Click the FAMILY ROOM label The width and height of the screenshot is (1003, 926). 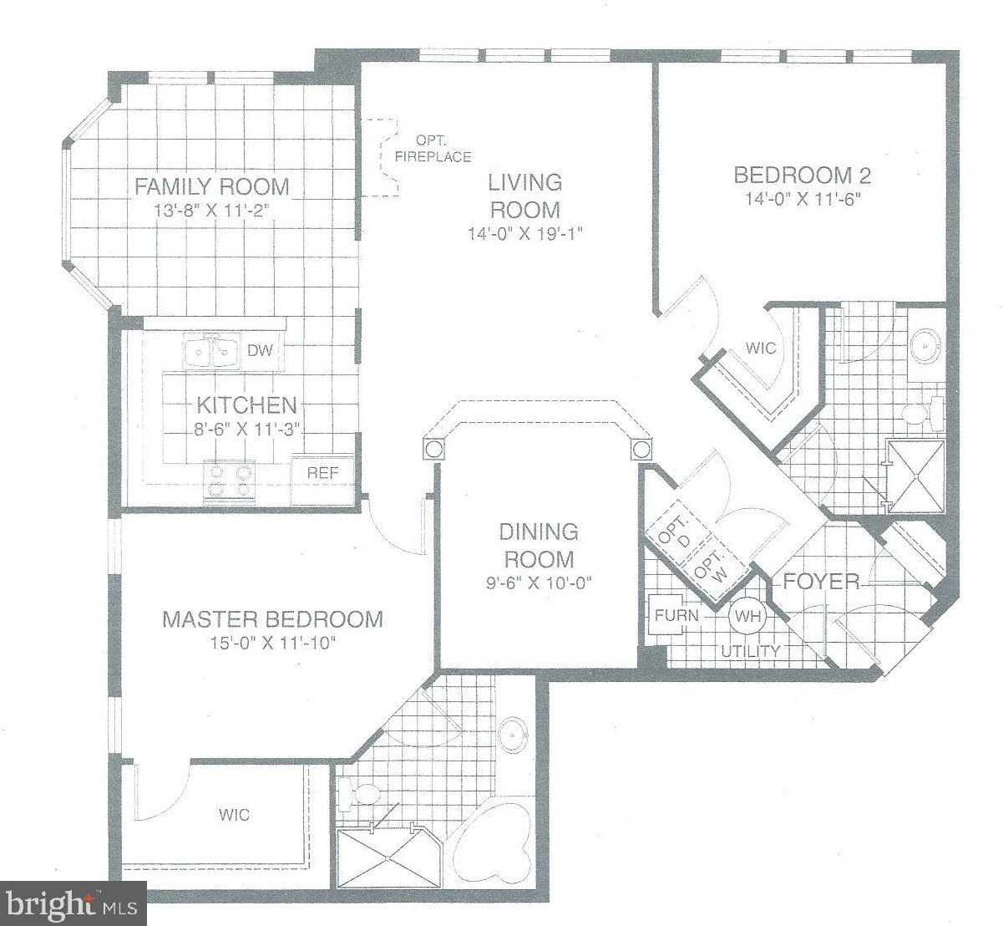[211, 186]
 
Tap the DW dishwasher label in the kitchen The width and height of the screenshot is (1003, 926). [260, 350]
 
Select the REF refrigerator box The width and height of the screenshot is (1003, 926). [322, 481]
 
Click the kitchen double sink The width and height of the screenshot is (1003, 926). [211, 350]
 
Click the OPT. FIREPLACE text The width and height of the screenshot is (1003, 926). [433, 149]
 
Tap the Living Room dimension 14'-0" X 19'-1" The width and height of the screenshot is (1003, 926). [525, 233]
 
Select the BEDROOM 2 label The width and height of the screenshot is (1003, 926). [802, 175]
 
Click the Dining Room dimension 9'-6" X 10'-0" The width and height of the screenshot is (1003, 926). [539, 583]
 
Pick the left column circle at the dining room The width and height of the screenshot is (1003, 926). [433, 448]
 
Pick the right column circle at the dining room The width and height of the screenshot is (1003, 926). [641, 448]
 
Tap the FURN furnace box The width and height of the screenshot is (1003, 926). [677, 615]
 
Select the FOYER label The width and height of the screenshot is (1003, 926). [821, 582]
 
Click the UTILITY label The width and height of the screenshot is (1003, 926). [751, 652]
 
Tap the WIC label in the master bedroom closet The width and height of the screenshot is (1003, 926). [235, 815]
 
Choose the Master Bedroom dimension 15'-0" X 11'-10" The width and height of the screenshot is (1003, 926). [273, 644]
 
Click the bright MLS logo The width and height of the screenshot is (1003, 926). [73, 903]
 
